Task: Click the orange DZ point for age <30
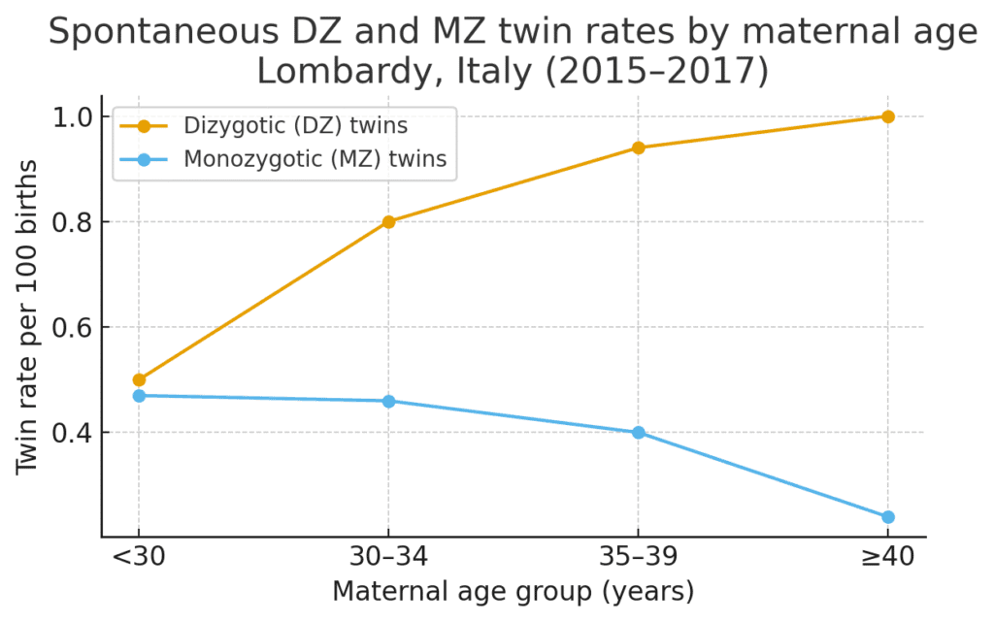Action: click(139, 379)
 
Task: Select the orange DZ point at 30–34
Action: click(388, 221)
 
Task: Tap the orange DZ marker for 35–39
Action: click(638, 147)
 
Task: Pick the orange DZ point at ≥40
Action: click(887, 116)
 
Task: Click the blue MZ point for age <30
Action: click(139, 395)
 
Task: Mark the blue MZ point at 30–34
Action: click(388, 401)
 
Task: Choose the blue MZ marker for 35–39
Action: click(638, 432)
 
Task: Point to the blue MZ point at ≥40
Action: click(887, 516)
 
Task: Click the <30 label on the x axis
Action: click(139, 560)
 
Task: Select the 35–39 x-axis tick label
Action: click(638, 560)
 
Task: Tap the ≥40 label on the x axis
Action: click(887, 560)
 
